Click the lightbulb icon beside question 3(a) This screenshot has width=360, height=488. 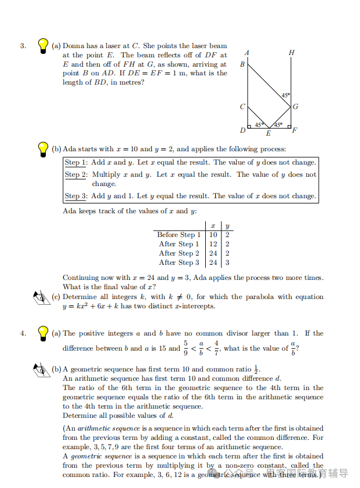coord(42,46)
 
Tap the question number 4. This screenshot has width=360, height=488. coord(23,333)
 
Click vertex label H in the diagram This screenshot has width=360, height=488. coord(291,53)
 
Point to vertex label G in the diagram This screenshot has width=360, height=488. coord(295,107)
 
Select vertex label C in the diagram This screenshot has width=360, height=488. coord(242,107)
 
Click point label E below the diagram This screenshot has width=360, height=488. coord(268,134)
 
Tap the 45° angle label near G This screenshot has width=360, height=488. coord(285,95)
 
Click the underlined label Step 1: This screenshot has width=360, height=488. coord(75,163)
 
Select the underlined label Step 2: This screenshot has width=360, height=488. coord(75,174)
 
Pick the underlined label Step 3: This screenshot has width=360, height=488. coord(75,196)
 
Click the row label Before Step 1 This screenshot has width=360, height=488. coord(179,235)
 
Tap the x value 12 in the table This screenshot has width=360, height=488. coord(213,244)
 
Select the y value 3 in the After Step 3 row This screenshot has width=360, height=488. coord(227,263)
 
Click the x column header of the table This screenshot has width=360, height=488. coord(213,225)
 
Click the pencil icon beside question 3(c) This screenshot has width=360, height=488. coord(42,298)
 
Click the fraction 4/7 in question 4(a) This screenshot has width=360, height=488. coord(216,348)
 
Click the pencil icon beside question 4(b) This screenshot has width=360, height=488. coord(42,369)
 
